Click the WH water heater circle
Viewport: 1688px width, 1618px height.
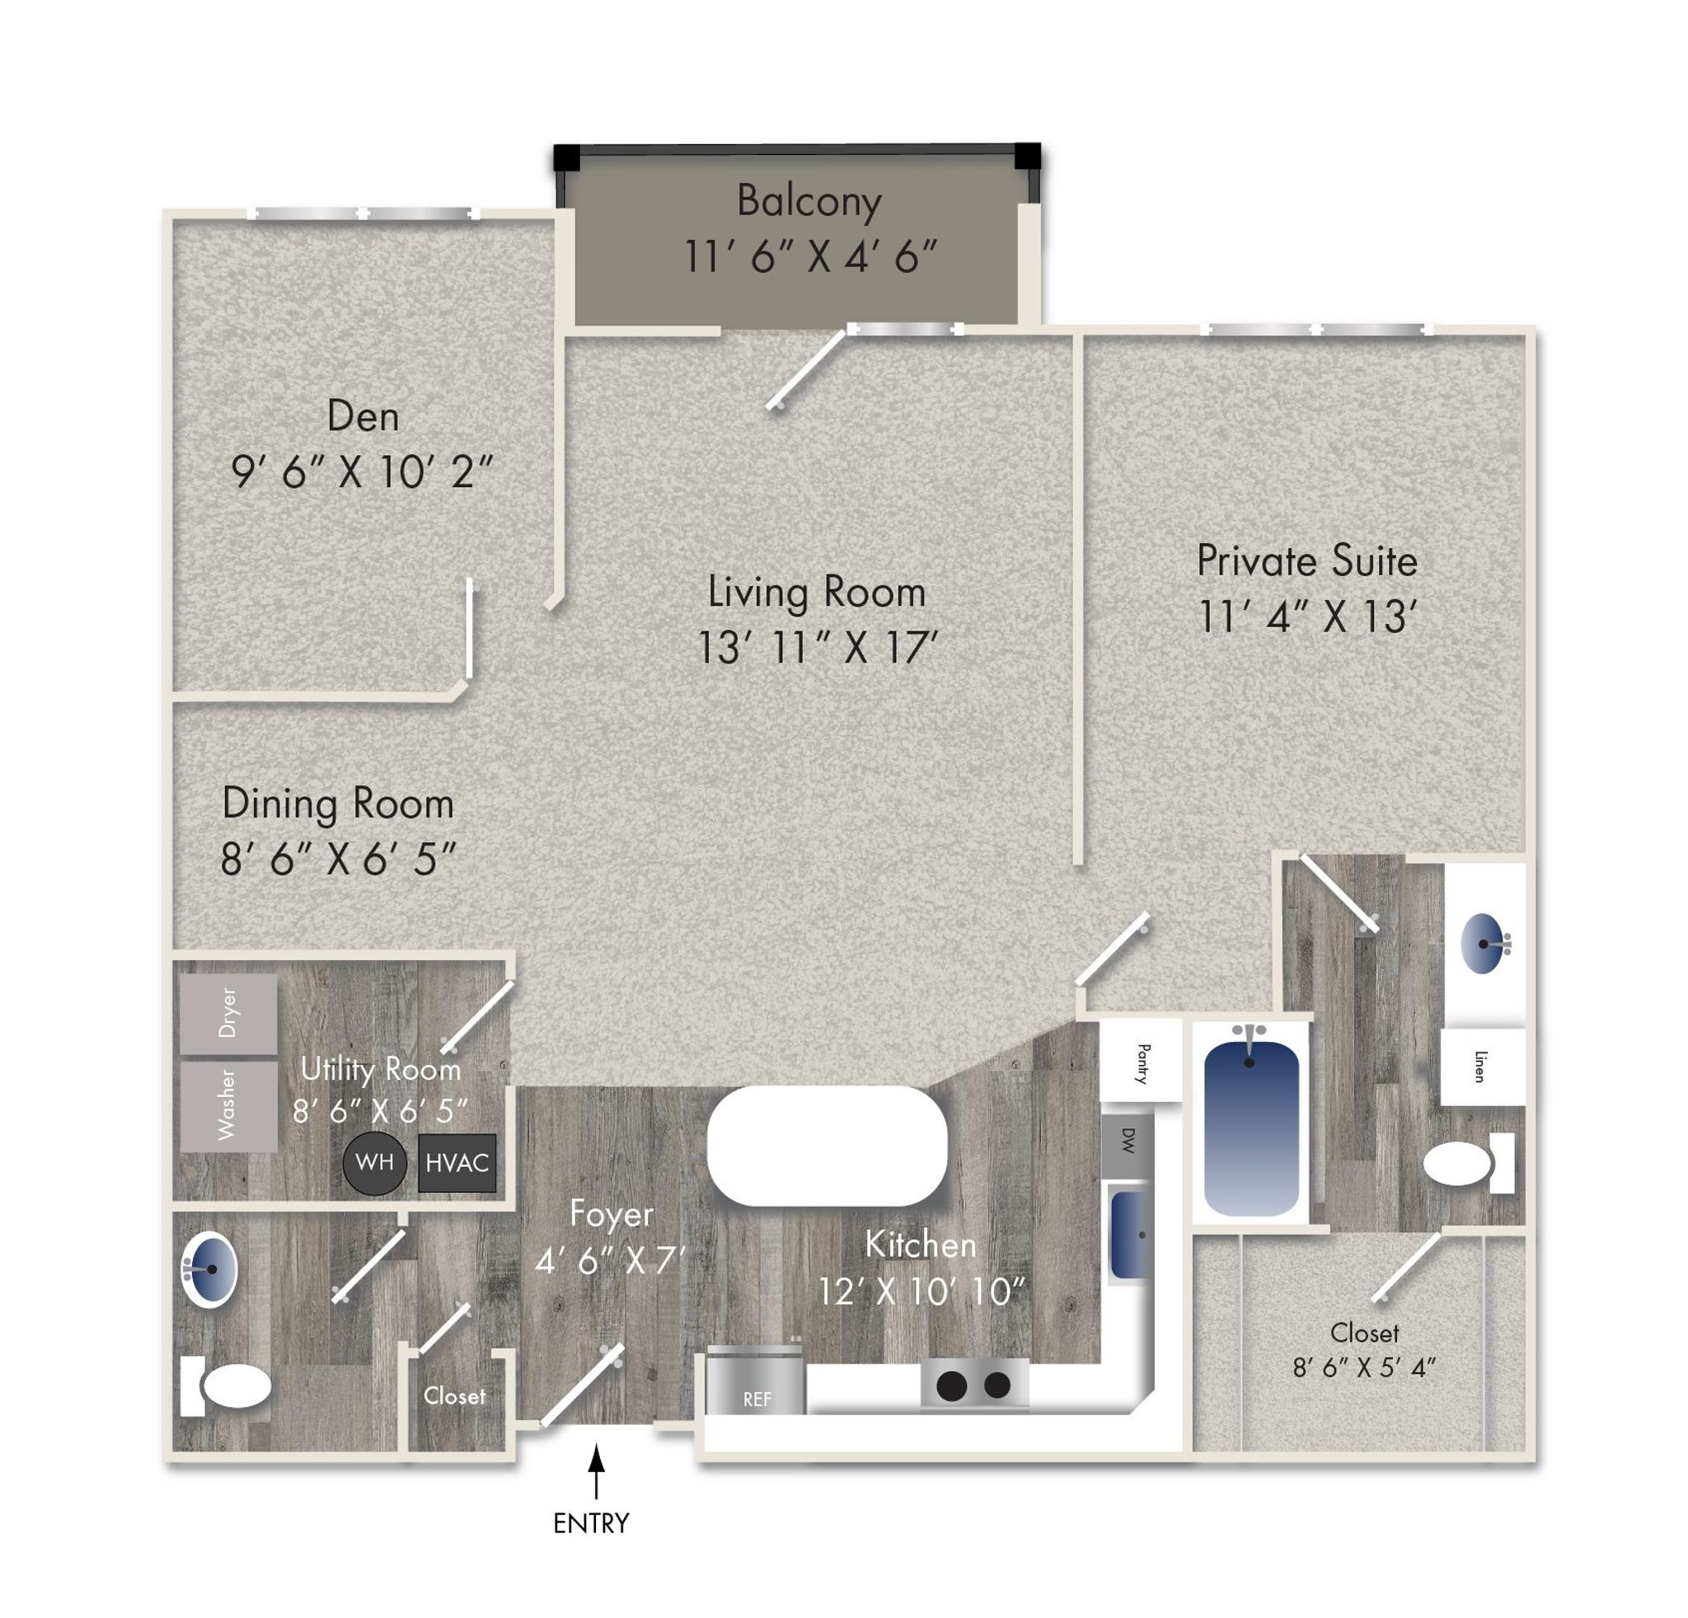pyautogui.click(x=375, y=1162)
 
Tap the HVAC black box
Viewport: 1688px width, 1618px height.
pyautogui.click(x=457, y=1163)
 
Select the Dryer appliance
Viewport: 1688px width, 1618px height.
pyautogui.click(x=228, y=1014)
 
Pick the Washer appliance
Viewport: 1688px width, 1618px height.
pyautogui.click(x=228, y=1105)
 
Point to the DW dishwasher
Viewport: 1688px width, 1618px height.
pyautogui.click(x=1128, y=1141)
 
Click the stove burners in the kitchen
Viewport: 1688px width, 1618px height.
pyautogui.click(x=974, y=1385)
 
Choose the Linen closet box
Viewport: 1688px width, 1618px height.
pyautogui.click(x=1482, y=1066)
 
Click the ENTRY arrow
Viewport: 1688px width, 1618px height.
pyautogui.click(x=595, y=1473)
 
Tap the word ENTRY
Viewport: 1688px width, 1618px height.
pyautogui.click(x=591, y=1522)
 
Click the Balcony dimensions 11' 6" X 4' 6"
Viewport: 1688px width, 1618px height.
pyautogui.click(x=810, y=256)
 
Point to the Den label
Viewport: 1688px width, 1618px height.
pyautogui.click(x=363, y=417)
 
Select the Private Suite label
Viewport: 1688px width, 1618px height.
pyautogui.click(x=1306, y=561)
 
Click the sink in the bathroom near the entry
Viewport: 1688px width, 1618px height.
pyautogui.click(x=209, y=1270)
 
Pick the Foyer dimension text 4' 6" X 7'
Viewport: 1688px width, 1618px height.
pyautogui.click(x=610, y=1261)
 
